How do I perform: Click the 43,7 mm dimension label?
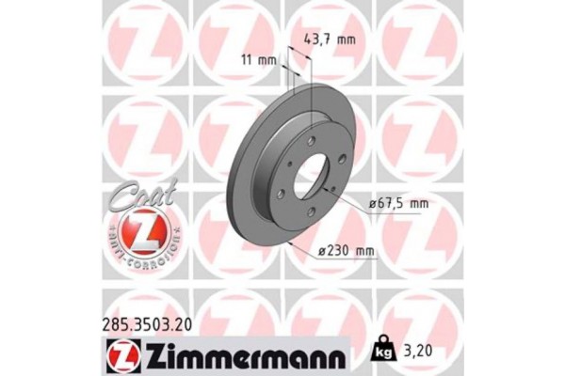pos(330,39)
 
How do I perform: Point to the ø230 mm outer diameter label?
pos(347,250)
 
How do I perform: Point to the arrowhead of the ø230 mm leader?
pos(294,243)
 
